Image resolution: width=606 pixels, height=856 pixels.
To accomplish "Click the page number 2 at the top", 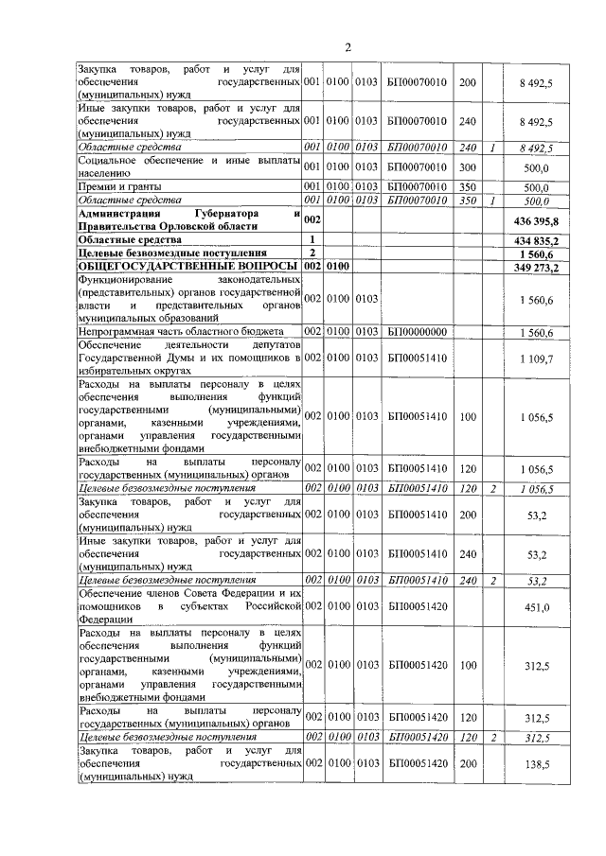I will point(348,47).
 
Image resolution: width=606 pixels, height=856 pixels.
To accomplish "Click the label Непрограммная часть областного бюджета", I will point(180,332).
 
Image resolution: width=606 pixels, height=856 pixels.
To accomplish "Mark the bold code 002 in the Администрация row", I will point(313,219).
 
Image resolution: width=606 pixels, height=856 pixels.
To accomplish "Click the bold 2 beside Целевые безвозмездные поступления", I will point(312,253).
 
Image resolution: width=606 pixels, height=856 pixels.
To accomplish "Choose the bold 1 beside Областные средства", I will point(312,241).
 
